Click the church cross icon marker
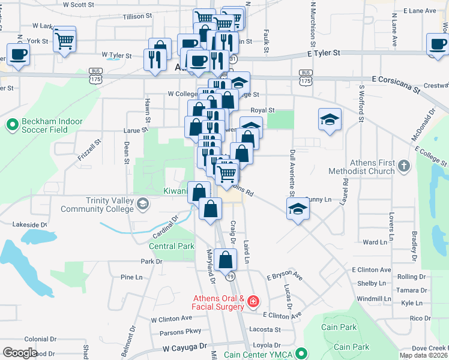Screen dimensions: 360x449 coord(404,166)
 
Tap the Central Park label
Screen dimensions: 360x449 coord(172,246)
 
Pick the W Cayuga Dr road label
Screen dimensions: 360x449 coord(184,347)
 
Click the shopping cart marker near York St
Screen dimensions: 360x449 coord(64,41)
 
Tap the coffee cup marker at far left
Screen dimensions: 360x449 coord(19,55)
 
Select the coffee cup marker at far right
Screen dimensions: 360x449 coord(437,44)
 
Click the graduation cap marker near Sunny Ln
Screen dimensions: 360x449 coord(296,208)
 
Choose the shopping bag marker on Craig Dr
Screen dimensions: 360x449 coord(226,260)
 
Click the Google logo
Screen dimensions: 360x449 coord(20,353)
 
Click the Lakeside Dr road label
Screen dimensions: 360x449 coord(29,224)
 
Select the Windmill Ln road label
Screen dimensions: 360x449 coord(373,298)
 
